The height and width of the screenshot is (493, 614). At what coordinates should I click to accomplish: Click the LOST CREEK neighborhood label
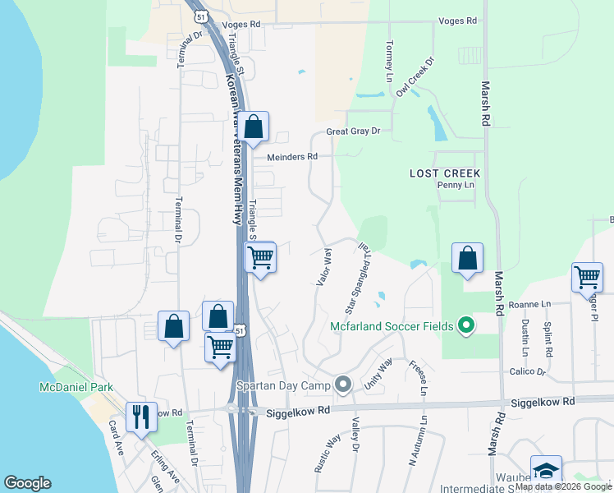[446, 173]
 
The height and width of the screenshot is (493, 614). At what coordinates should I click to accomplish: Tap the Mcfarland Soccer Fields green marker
[466, 326]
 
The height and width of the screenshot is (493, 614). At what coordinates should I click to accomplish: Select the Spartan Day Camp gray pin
[343, 385]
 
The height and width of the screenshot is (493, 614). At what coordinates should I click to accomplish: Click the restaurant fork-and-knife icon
[138, 417]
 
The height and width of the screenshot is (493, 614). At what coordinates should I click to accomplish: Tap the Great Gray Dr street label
[354, 131]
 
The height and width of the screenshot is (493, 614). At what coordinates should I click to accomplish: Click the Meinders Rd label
[291, 156]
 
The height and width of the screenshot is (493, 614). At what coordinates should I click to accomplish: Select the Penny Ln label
[456, 186]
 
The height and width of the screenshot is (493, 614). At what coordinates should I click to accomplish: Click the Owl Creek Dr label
[414, 77]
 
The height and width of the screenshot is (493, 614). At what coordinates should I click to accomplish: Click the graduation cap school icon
[546, 470]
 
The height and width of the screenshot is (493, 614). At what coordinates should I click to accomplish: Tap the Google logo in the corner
[27, 483]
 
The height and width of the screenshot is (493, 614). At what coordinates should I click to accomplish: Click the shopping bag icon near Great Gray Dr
[254, 127]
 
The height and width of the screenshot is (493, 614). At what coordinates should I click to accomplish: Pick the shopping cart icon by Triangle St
[260, 257]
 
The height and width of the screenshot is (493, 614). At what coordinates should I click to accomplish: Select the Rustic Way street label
[326, 452]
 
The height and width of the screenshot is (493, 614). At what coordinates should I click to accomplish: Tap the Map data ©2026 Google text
[563, 486]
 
